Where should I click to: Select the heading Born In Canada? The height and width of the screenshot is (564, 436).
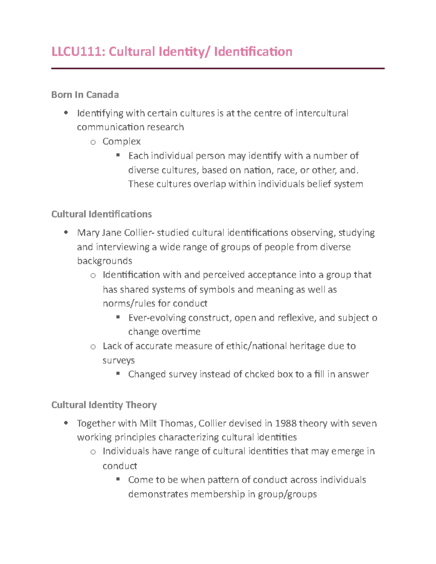click(85, 95)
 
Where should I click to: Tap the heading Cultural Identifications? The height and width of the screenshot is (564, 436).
click(101, 214)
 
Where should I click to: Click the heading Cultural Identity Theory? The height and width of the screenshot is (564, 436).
click(104, 405)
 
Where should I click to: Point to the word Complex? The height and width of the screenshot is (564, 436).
click(121, 141)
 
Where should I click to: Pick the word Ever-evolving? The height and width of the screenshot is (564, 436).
click(157, 318)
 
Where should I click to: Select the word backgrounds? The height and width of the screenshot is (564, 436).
click(105, 261)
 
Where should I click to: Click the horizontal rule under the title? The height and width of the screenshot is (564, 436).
click(218, 68)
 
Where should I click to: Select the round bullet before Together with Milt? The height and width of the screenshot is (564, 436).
click(66, 423)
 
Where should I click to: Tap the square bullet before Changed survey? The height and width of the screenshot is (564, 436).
click(118, 374)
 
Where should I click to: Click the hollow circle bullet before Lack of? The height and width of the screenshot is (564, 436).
click(93, 347)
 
